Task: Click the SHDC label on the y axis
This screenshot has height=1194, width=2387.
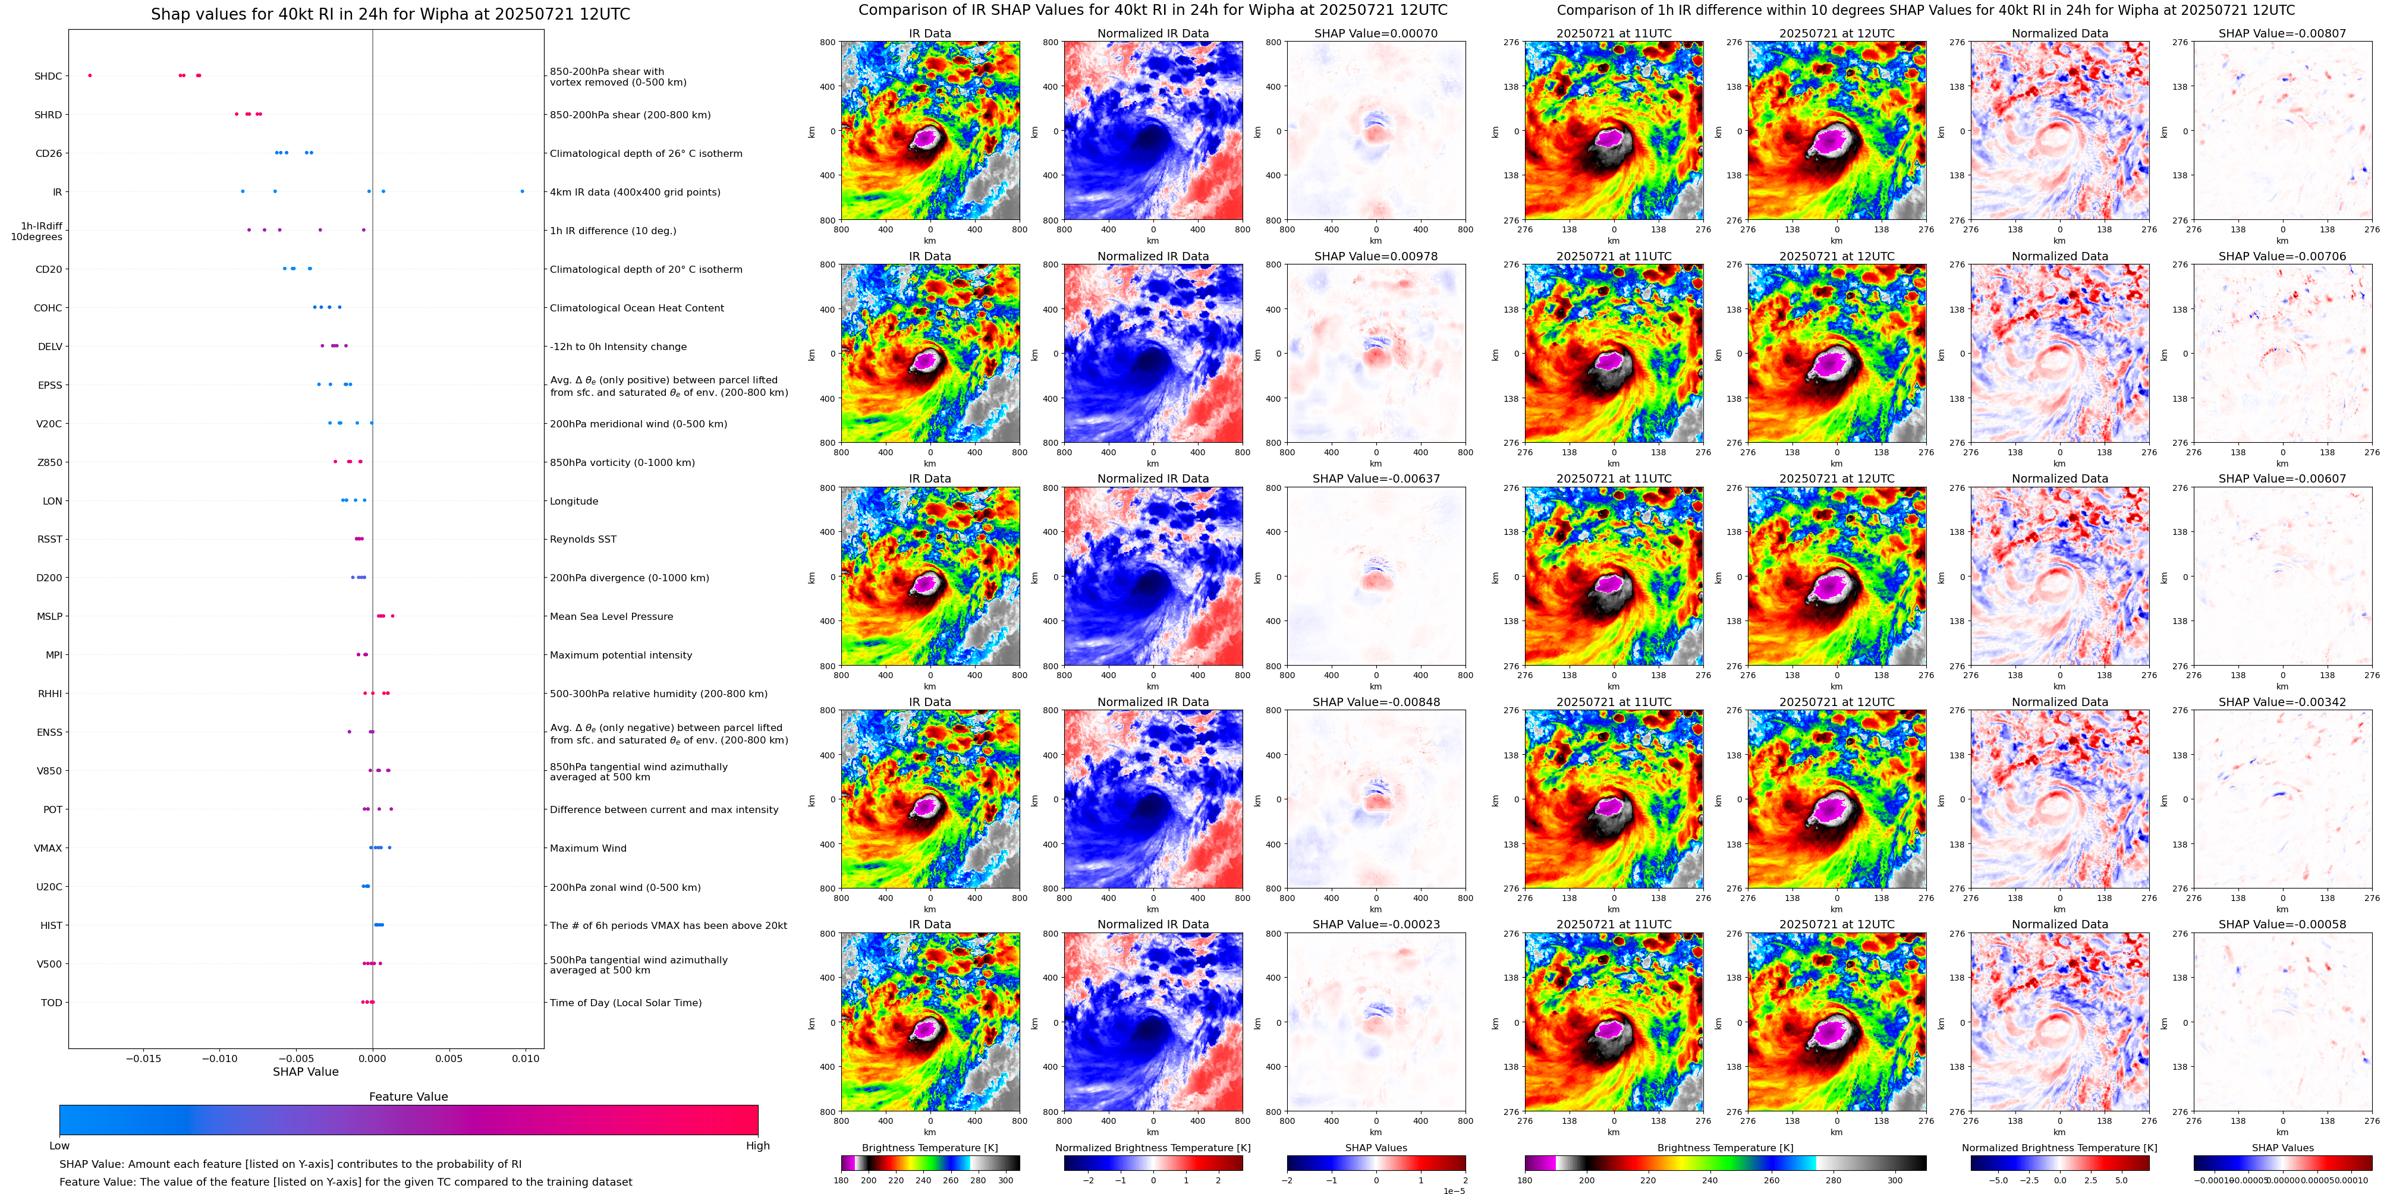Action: (x=48, y=76)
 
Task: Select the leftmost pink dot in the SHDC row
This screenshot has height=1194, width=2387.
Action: (x=90, y=75)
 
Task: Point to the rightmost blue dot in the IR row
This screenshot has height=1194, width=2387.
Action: (x=522, y=192)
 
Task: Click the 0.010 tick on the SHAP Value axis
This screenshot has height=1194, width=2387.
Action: (x=526, y=1058)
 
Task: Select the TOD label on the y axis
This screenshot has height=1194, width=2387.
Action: (x=52, y=1002)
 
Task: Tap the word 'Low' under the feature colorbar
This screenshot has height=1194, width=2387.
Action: (x=59, y=1146)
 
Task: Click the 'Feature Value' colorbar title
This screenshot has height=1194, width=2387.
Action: (x=408, y=1097)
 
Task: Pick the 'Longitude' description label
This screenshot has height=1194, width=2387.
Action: (x=574, y=501)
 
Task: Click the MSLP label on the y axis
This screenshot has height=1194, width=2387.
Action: (x=50, y=616)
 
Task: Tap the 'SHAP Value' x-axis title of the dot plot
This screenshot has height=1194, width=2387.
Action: (x=305, y=1072)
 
